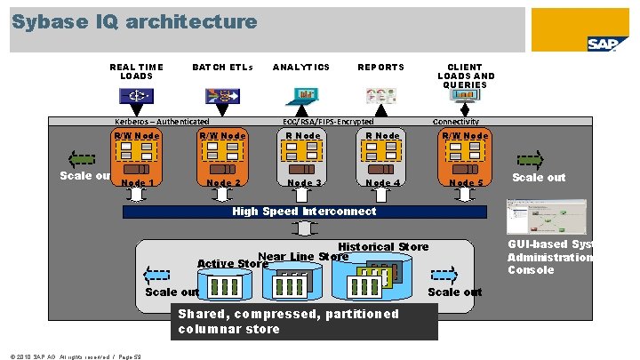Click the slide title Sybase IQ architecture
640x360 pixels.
[134, 21]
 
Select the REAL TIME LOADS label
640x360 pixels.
[136, 71]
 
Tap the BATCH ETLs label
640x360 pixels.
[222, 67]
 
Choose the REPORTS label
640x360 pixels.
[380, 67]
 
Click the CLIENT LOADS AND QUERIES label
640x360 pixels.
[466, 76]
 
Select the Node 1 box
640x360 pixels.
[137, 159]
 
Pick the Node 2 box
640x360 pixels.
[223, 159]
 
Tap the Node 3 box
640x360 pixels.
[303, 159]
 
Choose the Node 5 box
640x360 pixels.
[465, 159]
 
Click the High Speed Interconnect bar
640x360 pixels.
[303, 212]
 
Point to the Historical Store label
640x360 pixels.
[383, 246]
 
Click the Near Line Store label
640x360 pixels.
[302, 257]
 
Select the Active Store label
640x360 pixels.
[232, 264]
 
